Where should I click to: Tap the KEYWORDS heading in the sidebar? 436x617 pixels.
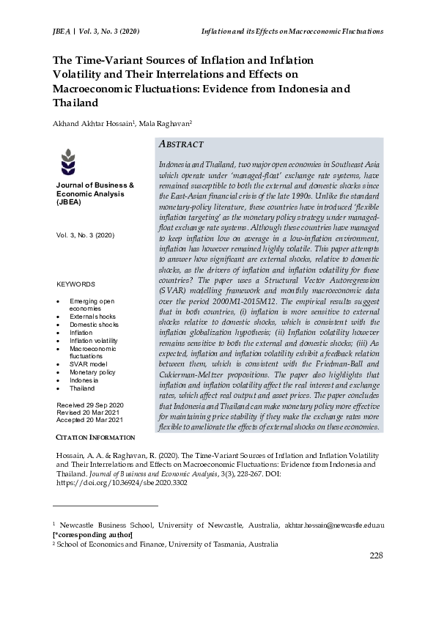pos(76,284)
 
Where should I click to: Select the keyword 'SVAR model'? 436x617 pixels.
pos(88,364)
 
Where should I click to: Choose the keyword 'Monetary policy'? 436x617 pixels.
pos(92,372)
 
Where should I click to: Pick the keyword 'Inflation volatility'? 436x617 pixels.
pos(93,341)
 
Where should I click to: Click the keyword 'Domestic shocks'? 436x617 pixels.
pos(94,324)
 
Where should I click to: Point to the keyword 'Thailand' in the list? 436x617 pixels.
pos(82,388)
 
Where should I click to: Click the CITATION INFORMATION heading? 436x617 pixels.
pos(95,437)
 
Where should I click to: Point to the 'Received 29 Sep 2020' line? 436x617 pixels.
pos(89,405)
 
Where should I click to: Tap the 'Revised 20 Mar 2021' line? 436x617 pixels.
pos(88,413)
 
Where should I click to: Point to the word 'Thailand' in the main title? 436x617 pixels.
pos(76,103)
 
